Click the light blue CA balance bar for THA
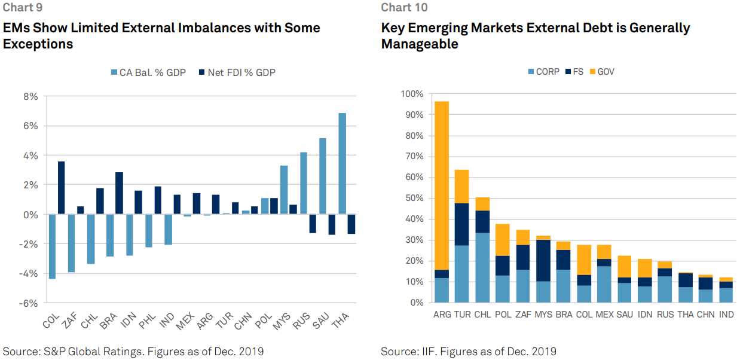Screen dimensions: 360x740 [x=343, y=163]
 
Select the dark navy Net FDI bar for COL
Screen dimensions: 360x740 [x=60, y=188]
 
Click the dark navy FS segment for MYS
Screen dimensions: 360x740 [x=543, y=261]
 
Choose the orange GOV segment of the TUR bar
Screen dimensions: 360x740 [x=462, y=187]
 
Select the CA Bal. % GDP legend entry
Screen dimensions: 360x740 [x=149, y=72]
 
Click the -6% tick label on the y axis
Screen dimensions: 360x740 [x=28, y=303]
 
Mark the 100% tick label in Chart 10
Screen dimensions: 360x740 [x=411, y=94]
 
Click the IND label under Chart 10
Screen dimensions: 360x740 [x=726, y=314]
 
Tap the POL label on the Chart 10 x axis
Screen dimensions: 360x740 [x=503, y=314]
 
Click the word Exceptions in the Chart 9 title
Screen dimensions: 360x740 [x=38, y=44]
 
